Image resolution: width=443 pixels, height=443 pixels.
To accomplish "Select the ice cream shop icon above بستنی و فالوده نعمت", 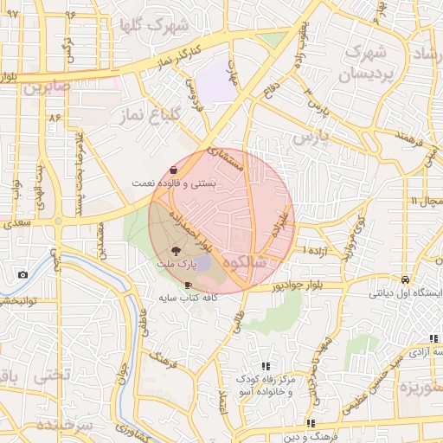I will coord(175,170).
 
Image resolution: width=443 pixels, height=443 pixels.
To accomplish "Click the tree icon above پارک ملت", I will coord(177,250).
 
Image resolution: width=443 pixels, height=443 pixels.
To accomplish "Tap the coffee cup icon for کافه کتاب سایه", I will coord(189,284).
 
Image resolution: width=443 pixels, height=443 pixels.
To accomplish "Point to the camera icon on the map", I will coord(22,275).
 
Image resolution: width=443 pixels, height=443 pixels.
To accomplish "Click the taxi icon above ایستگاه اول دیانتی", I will coord(405,279).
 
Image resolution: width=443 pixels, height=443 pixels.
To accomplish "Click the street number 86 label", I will coord(57,116).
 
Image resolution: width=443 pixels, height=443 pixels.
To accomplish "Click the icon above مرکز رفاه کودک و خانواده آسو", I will coord(266,366).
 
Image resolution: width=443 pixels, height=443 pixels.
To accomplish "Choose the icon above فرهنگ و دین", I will coord(311,423).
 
